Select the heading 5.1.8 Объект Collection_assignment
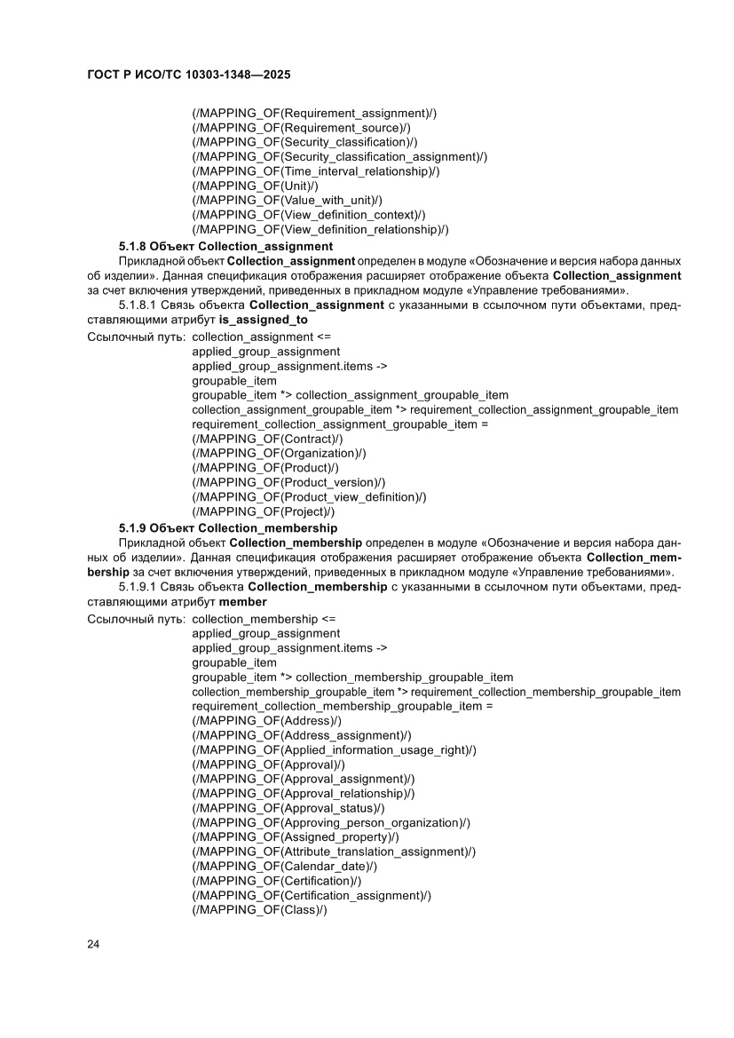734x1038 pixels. coord(226,246)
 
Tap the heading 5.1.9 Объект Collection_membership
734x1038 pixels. coord(228,528)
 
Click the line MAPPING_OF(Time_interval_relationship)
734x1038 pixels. coord(315,171)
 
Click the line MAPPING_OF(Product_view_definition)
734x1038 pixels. coord(309,496)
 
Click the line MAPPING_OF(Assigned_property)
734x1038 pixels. coord(296,836)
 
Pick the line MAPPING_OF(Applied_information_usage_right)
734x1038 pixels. coord(334,750)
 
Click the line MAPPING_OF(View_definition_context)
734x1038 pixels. coord(309,215)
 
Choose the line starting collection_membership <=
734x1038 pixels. coord(264,619)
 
